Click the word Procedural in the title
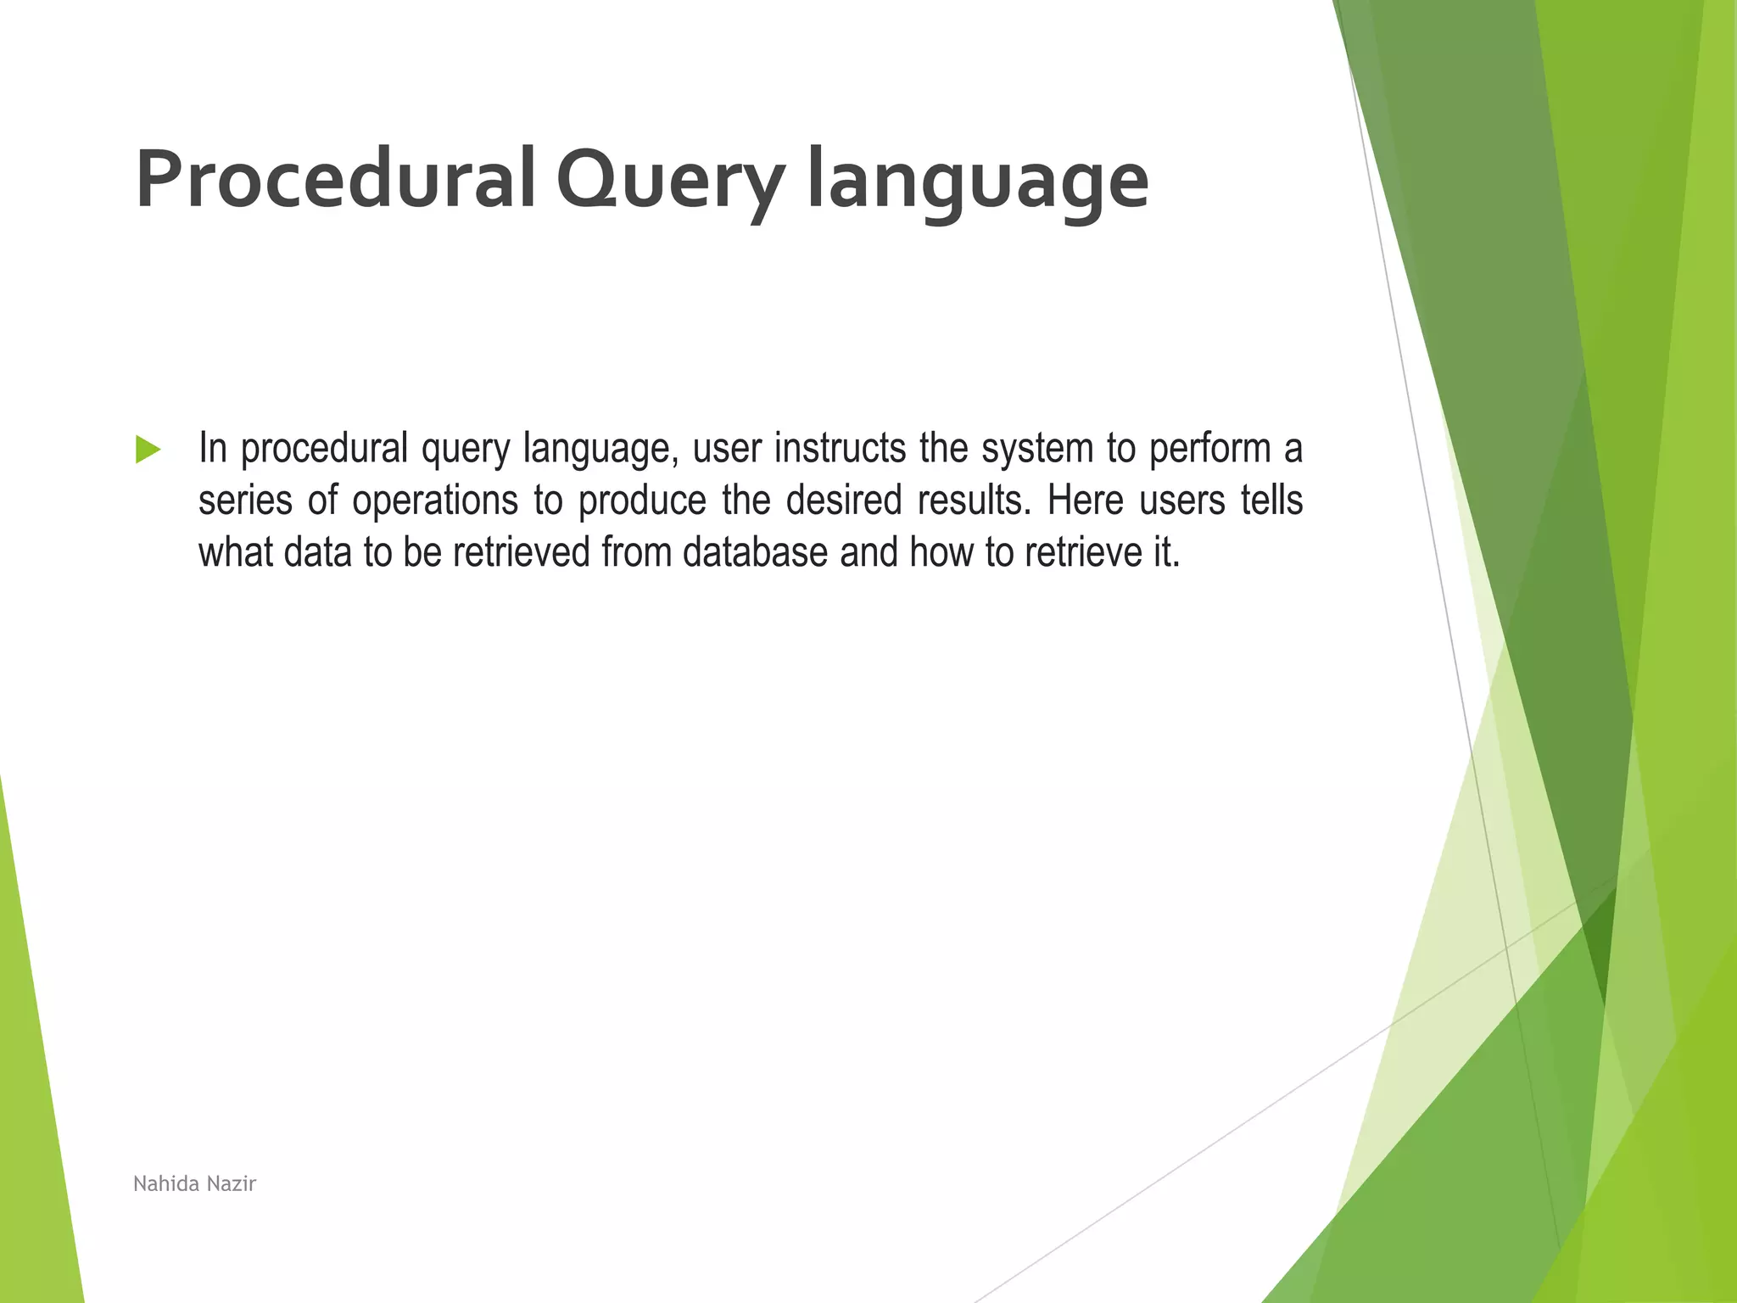335,180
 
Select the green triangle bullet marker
148,450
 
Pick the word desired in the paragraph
843,501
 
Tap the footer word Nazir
231,1183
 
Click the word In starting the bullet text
212,448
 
